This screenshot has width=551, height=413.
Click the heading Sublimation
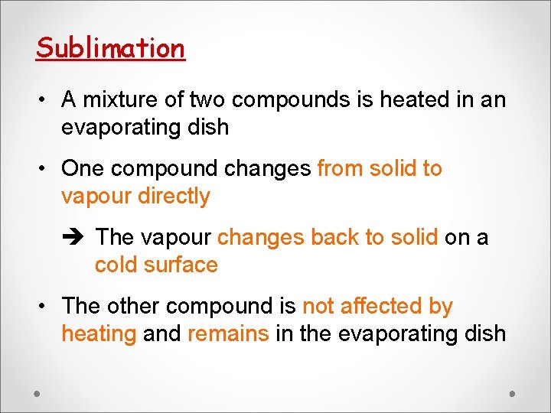[x=110, y=48]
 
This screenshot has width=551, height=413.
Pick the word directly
[x=174, y=197]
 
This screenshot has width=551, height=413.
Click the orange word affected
[x=378, y=306]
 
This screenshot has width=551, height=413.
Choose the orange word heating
[x=99, y=334]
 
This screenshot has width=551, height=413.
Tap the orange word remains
[x=228, y=334]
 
